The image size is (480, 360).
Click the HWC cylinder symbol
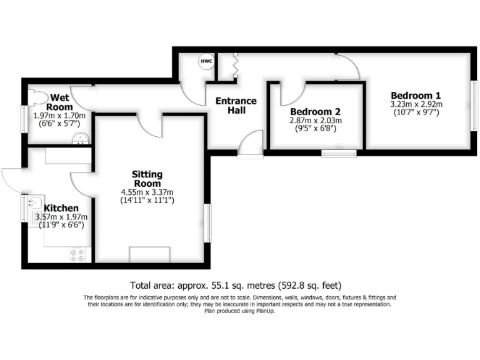(x=206, y=62)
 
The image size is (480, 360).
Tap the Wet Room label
(x=60, y=101)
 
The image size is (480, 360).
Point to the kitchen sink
(x=34, y=203)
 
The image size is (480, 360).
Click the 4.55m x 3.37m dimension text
(x=147, y=192)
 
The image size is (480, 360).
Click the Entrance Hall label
(x=236, y=106)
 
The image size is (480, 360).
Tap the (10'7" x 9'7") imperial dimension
(x=416, y=112)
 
